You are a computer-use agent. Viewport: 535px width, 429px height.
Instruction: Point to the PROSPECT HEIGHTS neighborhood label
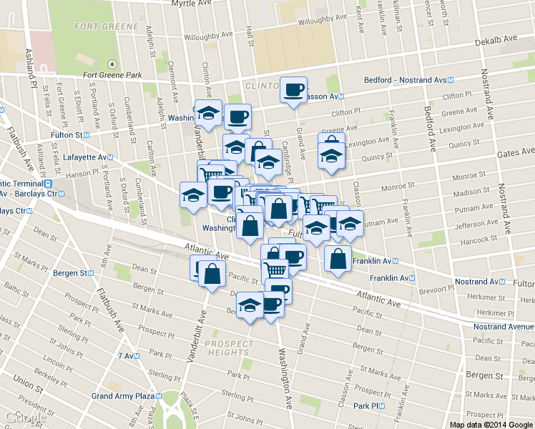pos(228,348)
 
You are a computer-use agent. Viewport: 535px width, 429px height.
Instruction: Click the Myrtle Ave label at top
pos(192,4)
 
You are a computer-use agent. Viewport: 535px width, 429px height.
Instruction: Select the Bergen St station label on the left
pos(77,273)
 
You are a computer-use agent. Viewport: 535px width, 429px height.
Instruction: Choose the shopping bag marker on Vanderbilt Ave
pos(212,274)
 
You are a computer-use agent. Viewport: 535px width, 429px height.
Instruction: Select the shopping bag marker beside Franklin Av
pos(338,259)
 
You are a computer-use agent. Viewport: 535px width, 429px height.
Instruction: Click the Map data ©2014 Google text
pos(491,425)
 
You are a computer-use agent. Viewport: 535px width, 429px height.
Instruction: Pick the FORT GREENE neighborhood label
pos(107,26)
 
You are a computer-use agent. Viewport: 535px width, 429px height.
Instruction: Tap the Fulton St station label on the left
pos(70,134)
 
